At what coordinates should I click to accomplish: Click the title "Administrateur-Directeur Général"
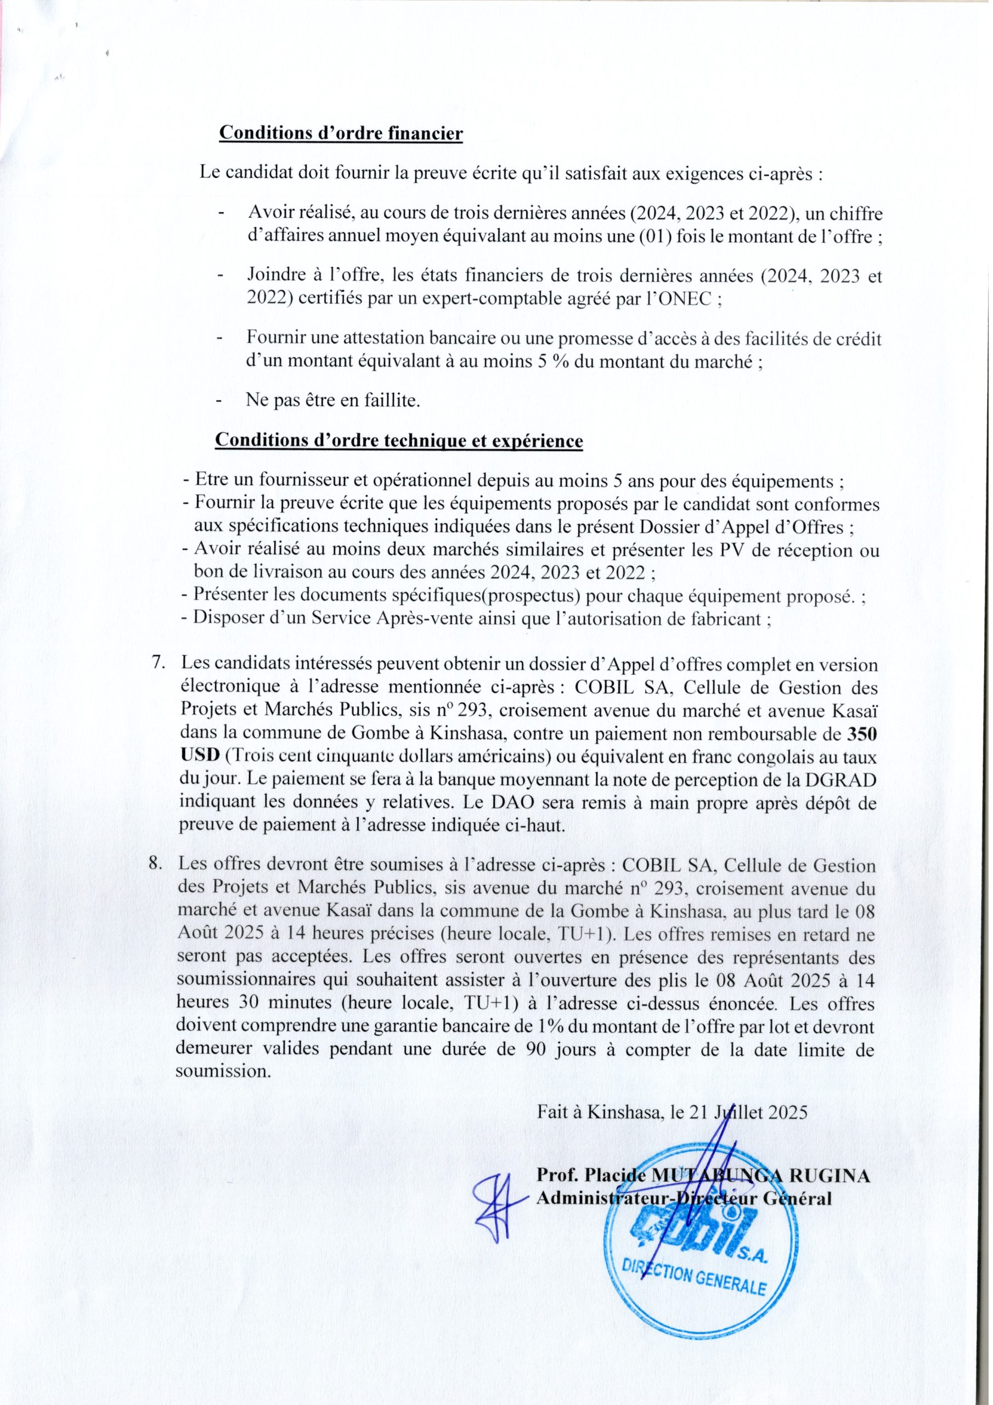tap(684, 1199)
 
